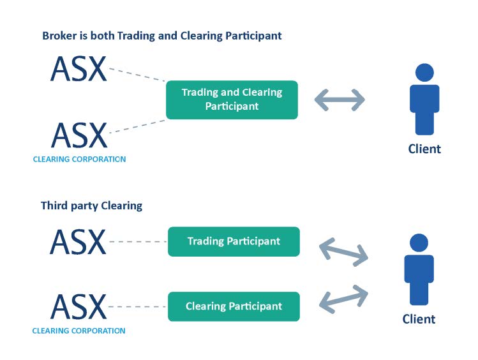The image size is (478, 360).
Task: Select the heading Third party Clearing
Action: click(x=91, y=206)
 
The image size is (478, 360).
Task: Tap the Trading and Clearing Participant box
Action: click(x=232, y=100)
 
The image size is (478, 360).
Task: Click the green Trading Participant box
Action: click(x=234, y=241)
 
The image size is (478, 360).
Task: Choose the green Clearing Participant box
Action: click(x=234, y=306)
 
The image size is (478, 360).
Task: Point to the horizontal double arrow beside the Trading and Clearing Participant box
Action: click(x=340, y=100)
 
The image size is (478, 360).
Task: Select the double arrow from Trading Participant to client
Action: click(x=343, y=251)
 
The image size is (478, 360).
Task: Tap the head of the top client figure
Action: click(x=424, y=72)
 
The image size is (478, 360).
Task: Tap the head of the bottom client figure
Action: click(x=419, y=243)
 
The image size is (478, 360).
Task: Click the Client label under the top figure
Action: click(x=424, y=149)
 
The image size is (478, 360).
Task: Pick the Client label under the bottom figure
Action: click(x=419, y=319)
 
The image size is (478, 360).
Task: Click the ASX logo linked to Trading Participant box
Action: click(x=78, y=242)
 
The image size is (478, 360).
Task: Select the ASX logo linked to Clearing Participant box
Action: click(x=78, y=306)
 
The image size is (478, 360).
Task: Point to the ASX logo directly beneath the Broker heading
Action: click(x=78, y=68)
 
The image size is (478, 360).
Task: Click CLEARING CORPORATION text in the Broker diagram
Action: click(x=79, y=159)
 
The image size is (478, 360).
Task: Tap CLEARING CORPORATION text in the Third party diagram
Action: click(x=78, y=331)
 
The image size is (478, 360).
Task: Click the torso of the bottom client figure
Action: click(x=419, y=271)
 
